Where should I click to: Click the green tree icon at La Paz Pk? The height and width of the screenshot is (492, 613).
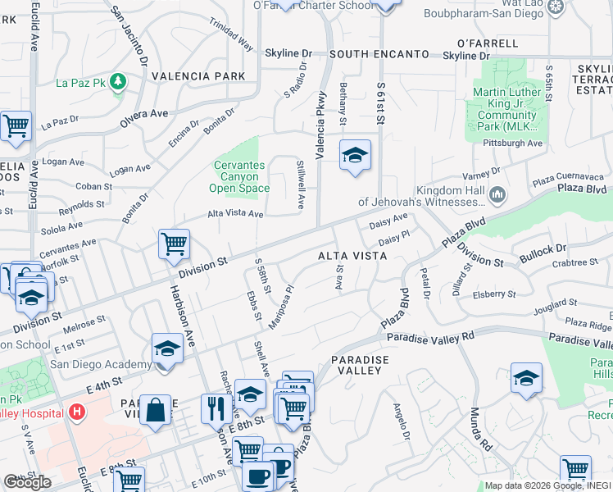pyautogui.click(x=118, y=81)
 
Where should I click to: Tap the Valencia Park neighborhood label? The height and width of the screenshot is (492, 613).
pyautogui.click(x=198, y=76)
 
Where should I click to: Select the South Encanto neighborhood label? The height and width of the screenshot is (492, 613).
pyautogui.click(x=379, y=54)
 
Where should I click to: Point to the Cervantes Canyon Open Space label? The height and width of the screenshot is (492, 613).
pyautogui.click(x=240, y=176)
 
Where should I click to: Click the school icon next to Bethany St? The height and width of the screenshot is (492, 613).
pyautogui.click(x=355, y=155)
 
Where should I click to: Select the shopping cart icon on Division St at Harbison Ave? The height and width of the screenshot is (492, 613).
pyautogui.click(x=174, y=243)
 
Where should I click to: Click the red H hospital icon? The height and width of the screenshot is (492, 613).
pyautogui.click(x=77, y=410)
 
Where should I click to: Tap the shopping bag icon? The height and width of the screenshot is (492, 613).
pyautogui.click(x=155, y=409)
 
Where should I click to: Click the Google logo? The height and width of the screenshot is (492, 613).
pyautogui.click(x=27, y=481)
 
